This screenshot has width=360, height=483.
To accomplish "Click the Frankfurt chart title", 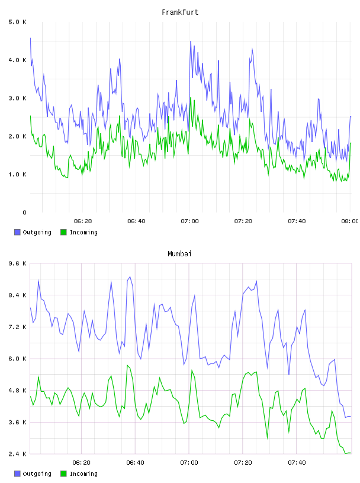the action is coord(180,12).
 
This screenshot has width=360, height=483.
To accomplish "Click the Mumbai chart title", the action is coord(179,254).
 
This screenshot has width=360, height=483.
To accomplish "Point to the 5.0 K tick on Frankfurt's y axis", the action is coord(18,22).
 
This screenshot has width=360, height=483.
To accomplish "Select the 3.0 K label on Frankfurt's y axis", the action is coord(18,98).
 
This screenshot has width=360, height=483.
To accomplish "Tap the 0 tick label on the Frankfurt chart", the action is coord(24,212).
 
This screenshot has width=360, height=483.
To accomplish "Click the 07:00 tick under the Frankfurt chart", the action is coord(190,221).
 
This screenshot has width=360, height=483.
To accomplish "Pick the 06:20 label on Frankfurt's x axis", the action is coord(83,221).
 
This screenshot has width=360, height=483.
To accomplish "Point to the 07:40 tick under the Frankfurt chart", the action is coord(297,221).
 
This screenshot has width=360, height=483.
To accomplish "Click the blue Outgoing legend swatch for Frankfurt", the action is coord(17,232).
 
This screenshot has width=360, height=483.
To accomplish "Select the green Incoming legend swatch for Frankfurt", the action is coord(63,232).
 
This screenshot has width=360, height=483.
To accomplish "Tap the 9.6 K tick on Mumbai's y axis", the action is coord(18,263).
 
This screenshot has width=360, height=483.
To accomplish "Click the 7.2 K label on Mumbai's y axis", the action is coord(18,327).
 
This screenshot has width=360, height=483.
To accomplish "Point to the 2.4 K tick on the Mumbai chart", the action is coord(18,454).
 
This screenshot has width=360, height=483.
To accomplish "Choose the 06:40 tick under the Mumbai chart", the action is coord(136,463).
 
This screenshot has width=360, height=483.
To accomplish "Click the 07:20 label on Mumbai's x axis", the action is coord(243,463).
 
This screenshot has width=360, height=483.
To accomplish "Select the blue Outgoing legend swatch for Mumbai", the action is coord(17,474).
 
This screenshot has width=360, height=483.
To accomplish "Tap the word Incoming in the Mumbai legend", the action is coord(83,474).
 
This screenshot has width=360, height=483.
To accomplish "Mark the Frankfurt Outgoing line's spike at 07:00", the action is coord(191,41).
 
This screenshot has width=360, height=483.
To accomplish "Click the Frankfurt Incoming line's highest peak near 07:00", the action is coord(191,98).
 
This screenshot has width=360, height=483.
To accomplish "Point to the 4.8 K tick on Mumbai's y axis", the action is coord(18,391).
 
